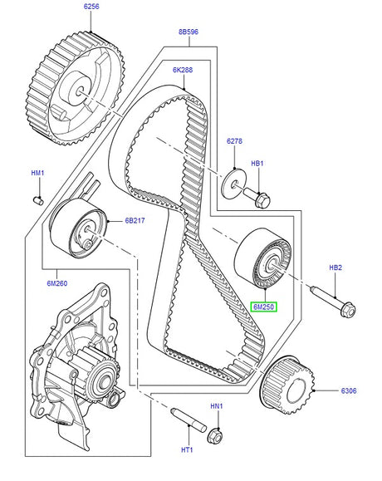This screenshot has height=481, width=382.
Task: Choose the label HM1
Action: point(37,173)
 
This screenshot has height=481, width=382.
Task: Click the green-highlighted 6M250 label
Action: point(264,306)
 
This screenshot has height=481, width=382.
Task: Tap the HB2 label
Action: point(335,267)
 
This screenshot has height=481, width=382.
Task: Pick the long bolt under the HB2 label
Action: point(333,301)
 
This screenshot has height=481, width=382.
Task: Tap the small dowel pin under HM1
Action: point(37,200)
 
